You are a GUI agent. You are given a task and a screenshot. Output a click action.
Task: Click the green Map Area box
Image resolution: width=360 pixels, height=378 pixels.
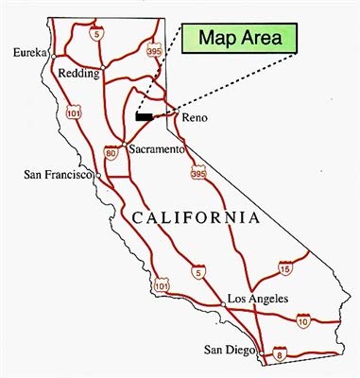tap(240, 41)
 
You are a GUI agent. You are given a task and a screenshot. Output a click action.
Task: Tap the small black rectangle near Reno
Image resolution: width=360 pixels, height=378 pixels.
tap(144, 117)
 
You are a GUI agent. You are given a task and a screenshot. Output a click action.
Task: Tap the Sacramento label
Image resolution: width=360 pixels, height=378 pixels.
tap(155, 150)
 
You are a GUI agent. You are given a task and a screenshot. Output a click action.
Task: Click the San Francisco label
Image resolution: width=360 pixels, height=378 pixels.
tap(55, 175)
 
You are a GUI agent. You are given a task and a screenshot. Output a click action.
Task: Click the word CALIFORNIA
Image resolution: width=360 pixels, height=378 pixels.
tap(195, 218)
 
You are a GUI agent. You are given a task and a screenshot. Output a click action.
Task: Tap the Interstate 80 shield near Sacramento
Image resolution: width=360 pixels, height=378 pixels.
tap(111, 151)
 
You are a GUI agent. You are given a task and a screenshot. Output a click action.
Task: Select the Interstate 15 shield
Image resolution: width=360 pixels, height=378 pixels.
tap(283, 270)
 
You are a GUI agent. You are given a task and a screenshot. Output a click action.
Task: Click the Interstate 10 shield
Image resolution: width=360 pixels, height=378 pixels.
tap(302, 322)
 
